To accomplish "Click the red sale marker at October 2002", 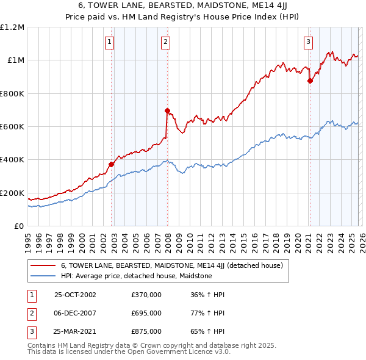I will tap(112, 164).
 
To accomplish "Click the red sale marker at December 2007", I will tap(167, 110).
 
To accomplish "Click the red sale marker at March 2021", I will tap(310, 81).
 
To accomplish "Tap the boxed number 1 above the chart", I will tap(109, 42).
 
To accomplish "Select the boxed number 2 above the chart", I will tap(165, 42).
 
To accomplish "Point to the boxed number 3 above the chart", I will tap(308, 42).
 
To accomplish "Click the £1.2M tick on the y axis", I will tap(12, 27).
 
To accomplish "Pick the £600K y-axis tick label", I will tap(12, 127).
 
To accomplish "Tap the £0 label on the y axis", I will tap(18, 226).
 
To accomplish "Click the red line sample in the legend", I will tap(43, 266).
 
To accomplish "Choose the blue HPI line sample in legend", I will tap(43, 276).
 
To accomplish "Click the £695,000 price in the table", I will tap(146, 313).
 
